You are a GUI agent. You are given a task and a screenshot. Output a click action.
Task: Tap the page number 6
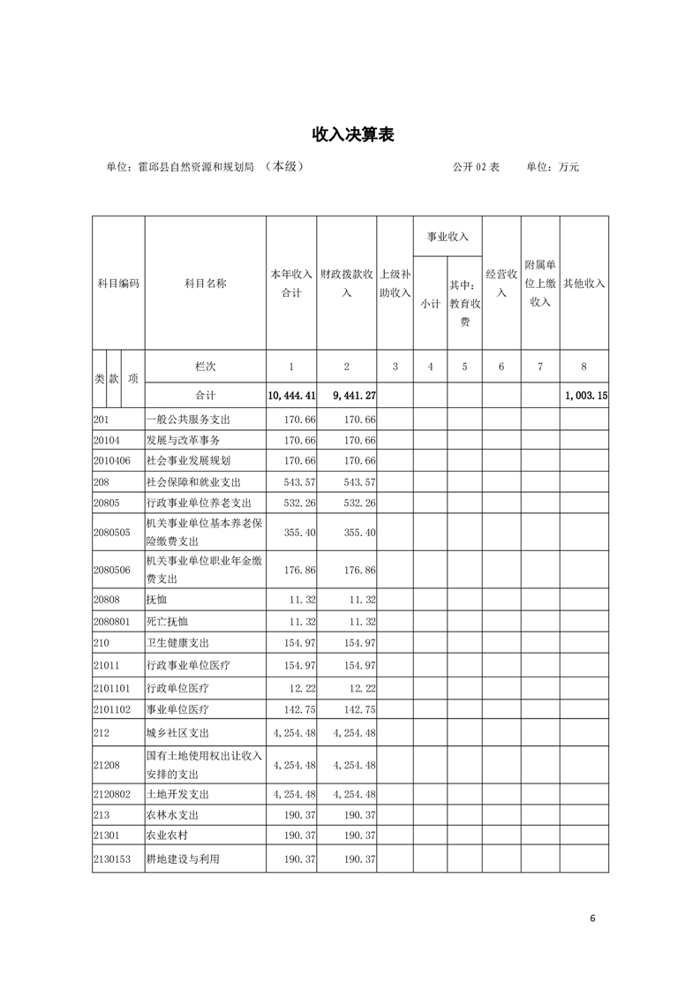[x=592, y=918]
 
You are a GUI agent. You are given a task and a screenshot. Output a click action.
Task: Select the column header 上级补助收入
[x=395, y=284]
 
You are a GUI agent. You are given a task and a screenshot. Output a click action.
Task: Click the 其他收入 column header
[x=584, y=284]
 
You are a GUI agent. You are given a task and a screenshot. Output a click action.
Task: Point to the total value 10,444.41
[x=292, y=396]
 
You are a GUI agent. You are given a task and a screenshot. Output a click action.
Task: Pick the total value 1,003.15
[x=585, y=396]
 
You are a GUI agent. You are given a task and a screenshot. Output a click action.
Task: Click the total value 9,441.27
[x=347, y=396]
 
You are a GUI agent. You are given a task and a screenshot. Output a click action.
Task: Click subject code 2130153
[x=112, y=859]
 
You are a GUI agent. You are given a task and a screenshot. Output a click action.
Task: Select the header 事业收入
[x=448, y=237]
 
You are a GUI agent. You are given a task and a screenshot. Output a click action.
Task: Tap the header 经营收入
[x=501, y=284]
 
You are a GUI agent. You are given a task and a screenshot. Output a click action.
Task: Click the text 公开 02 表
[x=476, y=166]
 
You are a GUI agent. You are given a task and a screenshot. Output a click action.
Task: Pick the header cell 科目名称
[x=205, y=284]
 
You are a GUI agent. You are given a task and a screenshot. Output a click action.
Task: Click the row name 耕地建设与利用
[x=183, y=859]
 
